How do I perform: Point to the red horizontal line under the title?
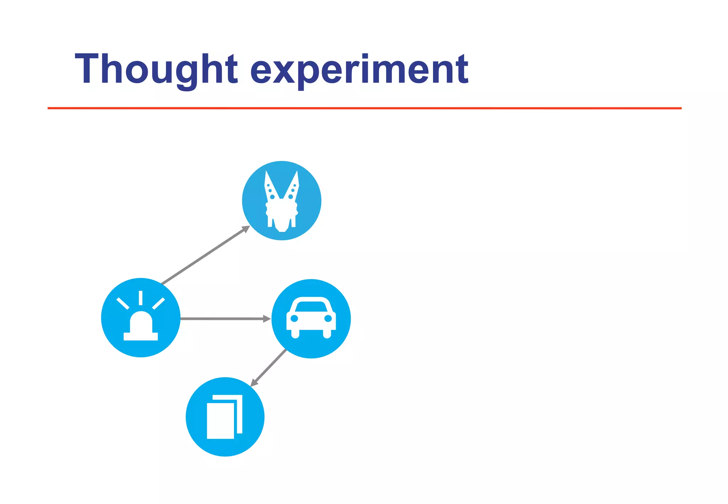pyautogui.click(x=364, y=108)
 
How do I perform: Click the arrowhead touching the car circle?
pyautogui.click(x=267, y=319)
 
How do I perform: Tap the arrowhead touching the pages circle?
pyautogui.click(x=254, y=383)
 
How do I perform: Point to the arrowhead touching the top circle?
pyautogui.click(x=246, y=229)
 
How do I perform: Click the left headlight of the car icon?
pyautogui.click(x=294, y=318)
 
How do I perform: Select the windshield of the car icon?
pyautogui.click(x=311, y=306)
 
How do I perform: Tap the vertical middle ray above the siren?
pyautogui.click(x=141, y=298)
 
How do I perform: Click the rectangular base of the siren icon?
pyautogui.click(x=141, y=336)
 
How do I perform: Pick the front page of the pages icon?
pyautogui.click(x=220, y=421)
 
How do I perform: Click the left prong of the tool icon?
pyautogui.click(x=271, y=185)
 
